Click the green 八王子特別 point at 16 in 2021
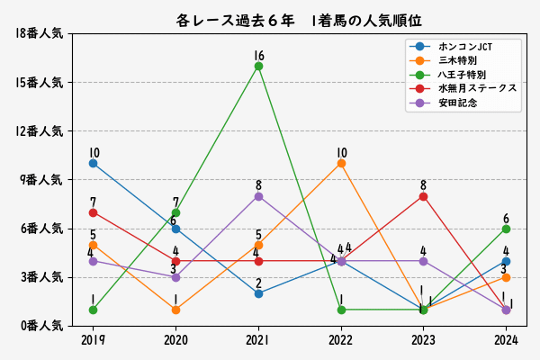click(258, 66)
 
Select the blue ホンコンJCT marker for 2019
click(93, 163)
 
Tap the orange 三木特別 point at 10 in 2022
click(341, 163)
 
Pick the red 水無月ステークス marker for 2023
click(423, 196)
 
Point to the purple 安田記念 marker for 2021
click(258, 196)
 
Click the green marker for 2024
click(506, 229)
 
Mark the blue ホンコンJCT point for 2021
click(258, 293)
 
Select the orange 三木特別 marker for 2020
click(175, 310)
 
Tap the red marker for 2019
click(93, 212)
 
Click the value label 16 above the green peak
click(258, 56)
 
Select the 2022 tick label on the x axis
click(341, 340)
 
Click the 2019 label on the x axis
click(93, 340)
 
